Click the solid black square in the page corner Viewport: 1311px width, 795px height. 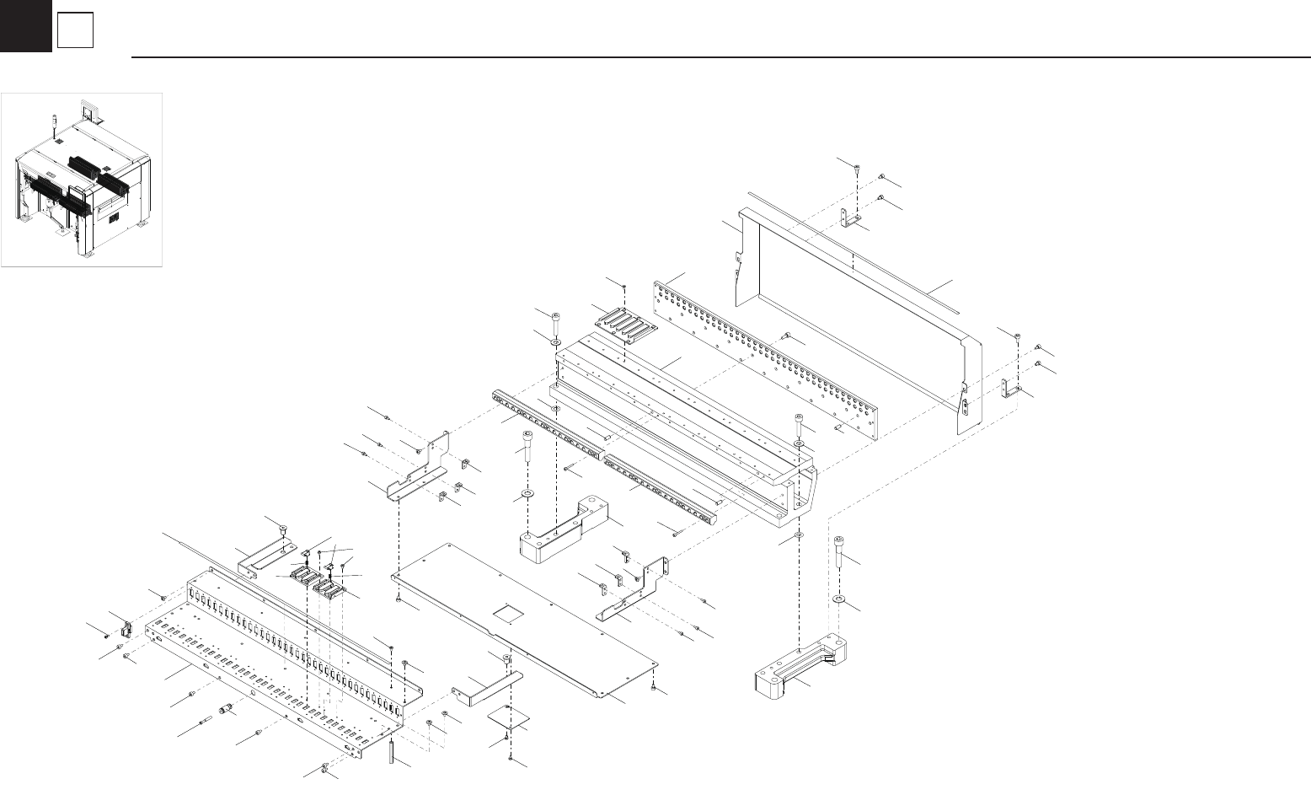(25, 26)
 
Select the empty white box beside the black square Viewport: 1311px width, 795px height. (75, 31)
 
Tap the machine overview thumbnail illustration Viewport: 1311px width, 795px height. (82, 180)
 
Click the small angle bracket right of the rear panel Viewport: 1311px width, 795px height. (1008, 389)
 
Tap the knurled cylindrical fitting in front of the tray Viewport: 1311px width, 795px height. (225, 709)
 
